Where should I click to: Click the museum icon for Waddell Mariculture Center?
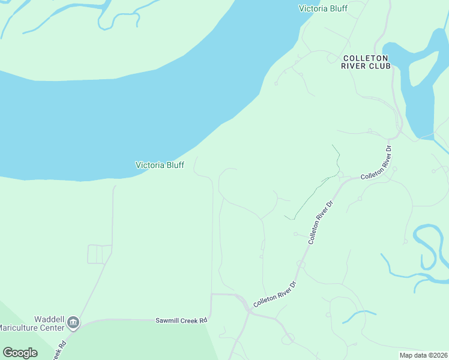coord(73,323)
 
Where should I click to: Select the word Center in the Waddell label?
coord(52,328)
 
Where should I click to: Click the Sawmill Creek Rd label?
coord(181,321)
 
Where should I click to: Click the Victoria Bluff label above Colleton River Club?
coord(323,8)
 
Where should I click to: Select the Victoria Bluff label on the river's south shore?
coord(160,165)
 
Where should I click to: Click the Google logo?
coord(20,353)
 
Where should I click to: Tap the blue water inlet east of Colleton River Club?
coord(417,90)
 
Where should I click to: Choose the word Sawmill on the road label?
coord(168,321)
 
